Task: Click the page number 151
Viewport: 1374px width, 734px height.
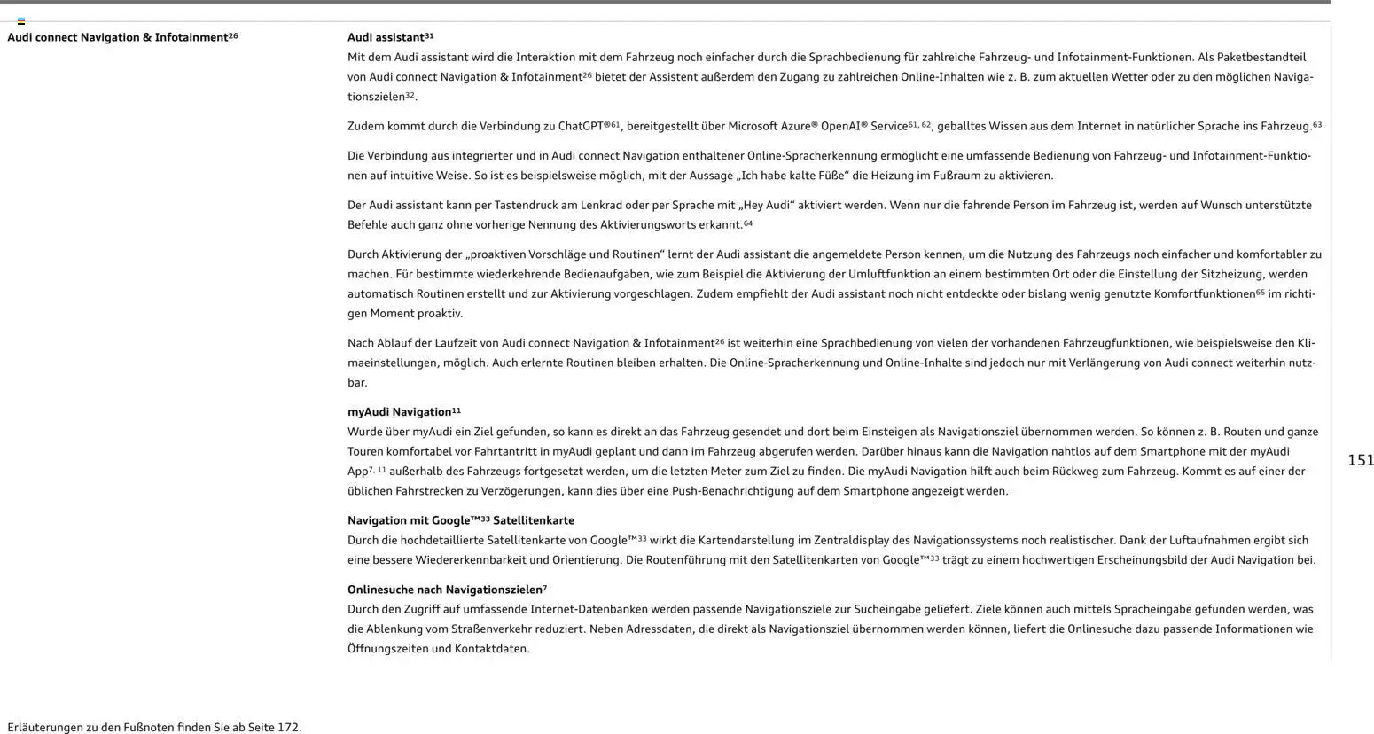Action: coord(1360,460)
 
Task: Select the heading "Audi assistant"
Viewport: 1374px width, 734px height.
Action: coord(386,38)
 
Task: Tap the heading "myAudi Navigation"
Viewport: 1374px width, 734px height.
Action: coord(399,412)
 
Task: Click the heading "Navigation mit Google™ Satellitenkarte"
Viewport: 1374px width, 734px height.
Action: coord(460,520)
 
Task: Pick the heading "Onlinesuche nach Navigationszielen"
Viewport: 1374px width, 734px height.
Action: coord(444,590)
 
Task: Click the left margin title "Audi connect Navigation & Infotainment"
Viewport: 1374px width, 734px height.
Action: coord(117,38)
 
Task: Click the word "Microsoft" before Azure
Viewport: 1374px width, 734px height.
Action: coord(751,127)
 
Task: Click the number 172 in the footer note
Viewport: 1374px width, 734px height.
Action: coord(288,728)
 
